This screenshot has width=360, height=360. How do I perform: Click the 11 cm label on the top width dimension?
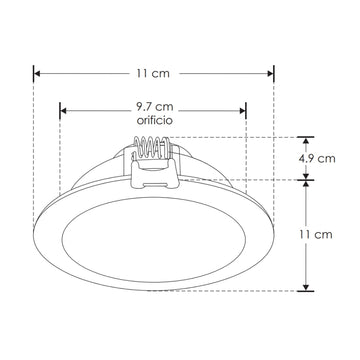[x=152, y=73]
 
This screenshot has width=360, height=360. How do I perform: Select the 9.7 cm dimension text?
[x=154, y=106]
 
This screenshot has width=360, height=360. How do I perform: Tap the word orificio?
[x=154, y=120]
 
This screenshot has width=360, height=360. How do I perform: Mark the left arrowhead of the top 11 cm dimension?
[x=37, y=73]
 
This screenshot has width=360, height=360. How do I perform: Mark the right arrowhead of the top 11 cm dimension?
[x=270, y=73]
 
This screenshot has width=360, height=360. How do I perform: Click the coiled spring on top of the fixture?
[x=154, y=150]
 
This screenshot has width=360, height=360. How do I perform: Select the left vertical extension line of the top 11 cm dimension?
[x=34, y=150]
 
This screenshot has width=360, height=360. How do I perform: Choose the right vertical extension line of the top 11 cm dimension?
[x=274, y=150]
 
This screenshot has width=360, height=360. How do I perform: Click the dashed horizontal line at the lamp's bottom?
[x=240, y=290]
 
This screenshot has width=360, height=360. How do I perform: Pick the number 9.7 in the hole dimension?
[x=146, y=106]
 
